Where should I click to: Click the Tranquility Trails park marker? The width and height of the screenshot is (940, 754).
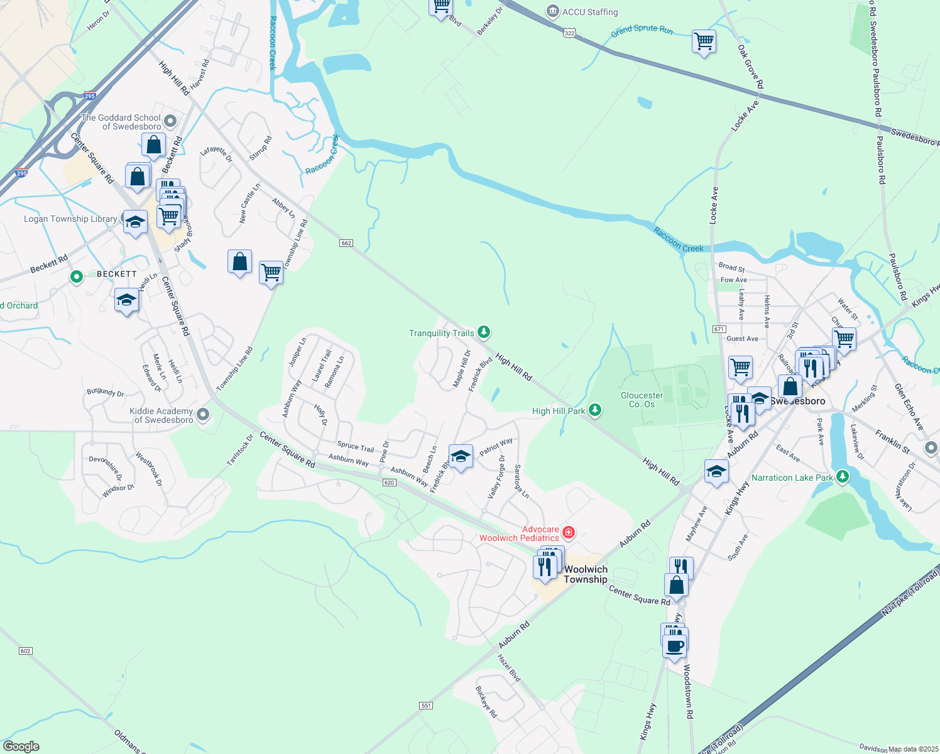[483, 331]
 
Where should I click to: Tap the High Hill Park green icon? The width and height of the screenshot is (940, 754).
[594, 410]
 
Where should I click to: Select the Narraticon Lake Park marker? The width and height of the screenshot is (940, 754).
[843, 477]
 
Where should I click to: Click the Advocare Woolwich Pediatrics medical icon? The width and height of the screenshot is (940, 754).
[569, 533]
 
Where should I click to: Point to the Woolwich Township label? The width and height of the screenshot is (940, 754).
[586, 574]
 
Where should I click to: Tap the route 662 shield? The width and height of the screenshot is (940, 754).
[346, 243]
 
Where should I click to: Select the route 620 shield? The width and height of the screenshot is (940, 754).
[389, 483]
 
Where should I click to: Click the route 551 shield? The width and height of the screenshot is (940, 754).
[426, 706]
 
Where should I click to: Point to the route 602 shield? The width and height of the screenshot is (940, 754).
[25, 651]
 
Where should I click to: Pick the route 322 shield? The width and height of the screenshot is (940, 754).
[569, 33]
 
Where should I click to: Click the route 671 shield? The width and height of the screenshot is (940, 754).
[719, 329]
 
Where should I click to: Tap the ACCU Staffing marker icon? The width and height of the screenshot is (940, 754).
[553, 11]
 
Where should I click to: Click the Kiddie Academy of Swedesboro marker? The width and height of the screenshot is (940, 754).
[203, 414]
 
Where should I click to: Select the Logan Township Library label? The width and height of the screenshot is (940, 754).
[70, 219]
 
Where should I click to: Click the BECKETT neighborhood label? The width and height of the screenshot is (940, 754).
[116, 274]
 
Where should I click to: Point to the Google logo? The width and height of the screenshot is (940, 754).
[21, 746]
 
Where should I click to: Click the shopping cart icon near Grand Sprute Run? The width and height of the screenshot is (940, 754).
[704, 41]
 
